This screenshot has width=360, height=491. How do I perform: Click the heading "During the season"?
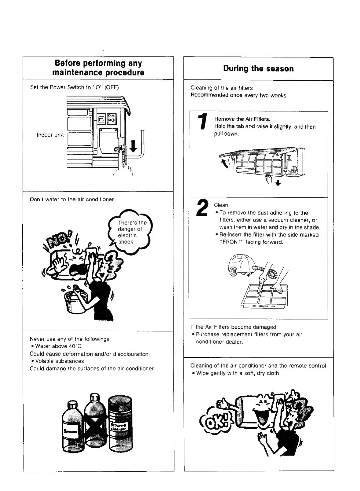tap(258, 68)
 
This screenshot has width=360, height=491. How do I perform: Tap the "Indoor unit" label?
tap(50, 135)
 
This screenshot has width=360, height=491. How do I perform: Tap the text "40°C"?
tap(75, 346)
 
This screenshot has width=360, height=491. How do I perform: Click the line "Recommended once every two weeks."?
tap(239, 95)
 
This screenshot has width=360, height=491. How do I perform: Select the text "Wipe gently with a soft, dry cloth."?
tap(238, 373)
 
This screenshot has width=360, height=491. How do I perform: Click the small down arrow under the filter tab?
tap(278, 183)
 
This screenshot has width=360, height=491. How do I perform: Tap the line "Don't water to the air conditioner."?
tap(73, 199)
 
